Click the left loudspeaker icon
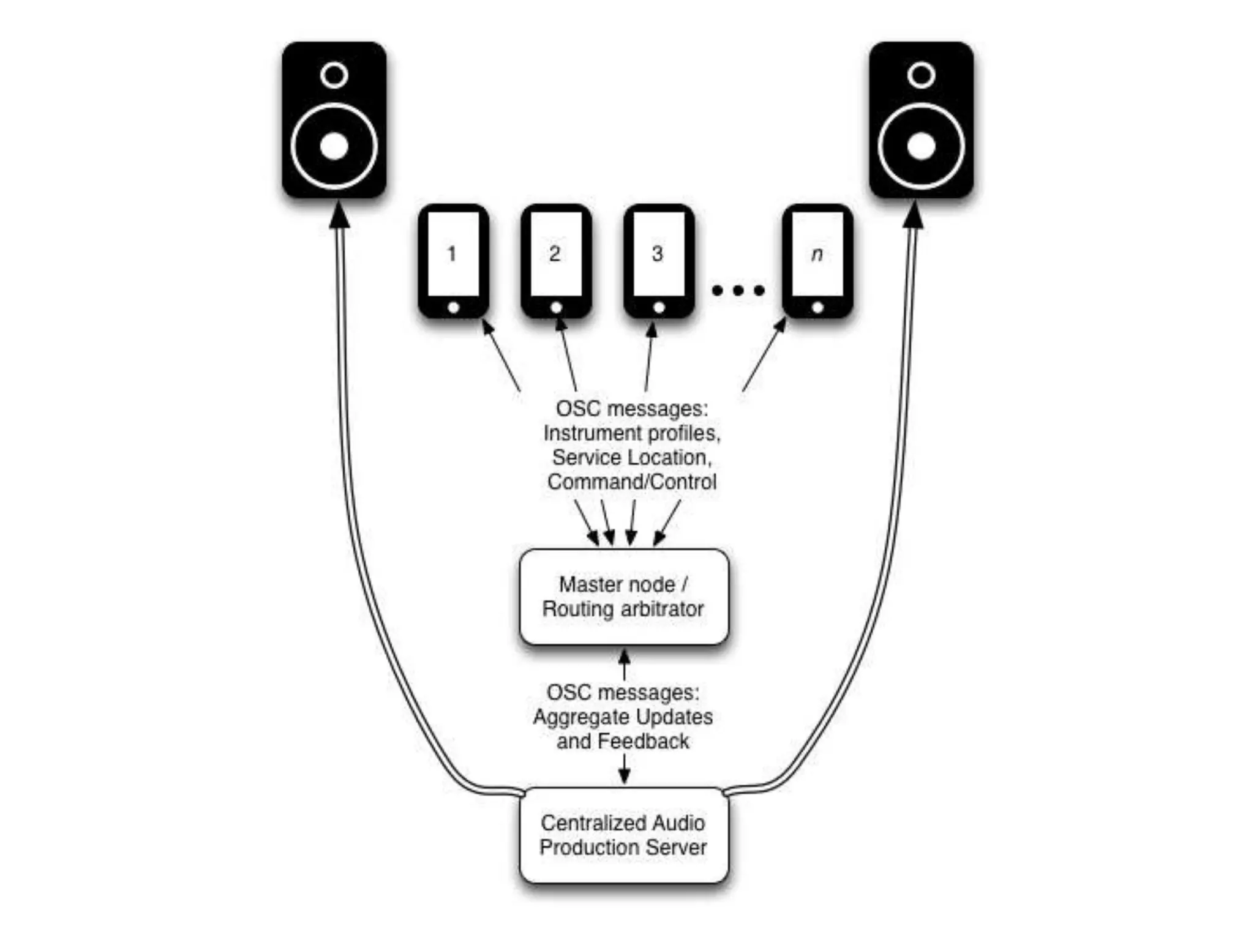pos(334,120)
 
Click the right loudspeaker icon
pos(921,120)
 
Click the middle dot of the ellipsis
pos(738,290)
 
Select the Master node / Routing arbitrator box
pos(624,597)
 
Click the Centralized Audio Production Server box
pos(624,835)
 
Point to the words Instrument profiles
pos(632,433)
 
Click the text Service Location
pos(632,458)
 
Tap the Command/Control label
pos(632,482)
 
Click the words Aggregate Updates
pos(623,717)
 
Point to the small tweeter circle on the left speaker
pos(334,75)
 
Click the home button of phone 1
pos(453,308)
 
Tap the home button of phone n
pos(817,308)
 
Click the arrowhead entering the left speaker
pos(339,215)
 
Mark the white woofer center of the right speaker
pos(921,146)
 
